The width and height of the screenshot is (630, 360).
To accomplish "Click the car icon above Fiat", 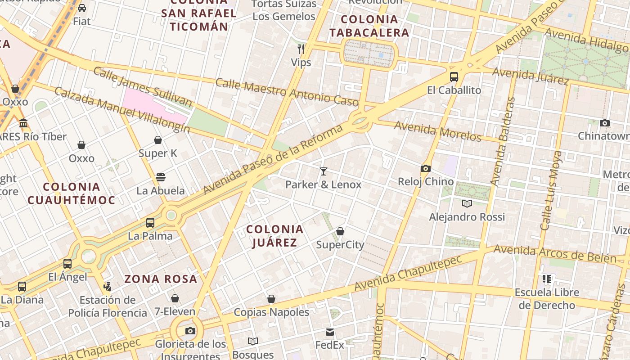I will pos(82,8).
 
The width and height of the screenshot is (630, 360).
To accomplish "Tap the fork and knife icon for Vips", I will pos(301,49).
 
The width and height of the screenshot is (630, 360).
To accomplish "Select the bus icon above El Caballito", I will pos(454,77).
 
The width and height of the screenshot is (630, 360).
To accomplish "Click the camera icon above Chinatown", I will pos(605,123).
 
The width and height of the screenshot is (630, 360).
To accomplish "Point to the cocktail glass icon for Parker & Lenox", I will pos(323,171).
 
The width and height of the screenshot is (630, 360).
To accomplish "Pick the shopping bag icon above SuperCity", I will pos(340,231).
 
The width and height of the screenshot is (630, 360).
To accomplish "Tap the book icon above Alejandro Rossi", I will pos(467,203).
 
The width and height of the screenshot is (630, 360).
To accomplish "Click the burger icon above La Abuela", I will pos(161,177).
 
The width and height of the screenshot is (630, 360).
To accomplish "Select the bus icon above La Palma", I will pos(150,223).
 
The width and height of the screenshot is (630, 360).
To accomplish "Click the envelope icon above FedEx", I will pos(330,332).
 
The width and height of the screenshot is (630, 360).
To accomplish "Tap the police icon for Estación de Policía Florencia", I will pos(107,286).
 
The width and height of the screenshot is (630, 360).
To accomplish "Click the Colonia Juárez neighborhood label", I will pos(274,236).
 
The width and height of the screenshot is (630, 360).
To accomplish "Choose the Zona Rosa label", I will pos(161,279).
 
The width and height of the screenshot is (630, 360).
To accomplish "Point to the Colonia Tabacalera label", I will pos(369,26).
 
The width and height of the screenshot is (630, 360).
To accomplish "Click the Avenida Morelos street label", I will pos(438,131).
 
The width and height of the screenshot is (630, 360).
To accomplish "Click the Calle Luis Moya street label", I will pos(552,191).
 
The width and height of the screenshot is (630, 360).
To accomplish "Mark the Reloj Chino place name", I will pos(426,182).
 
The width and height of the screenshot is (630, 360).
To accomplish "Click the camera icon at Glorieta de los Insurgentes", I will pos(190,331).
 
